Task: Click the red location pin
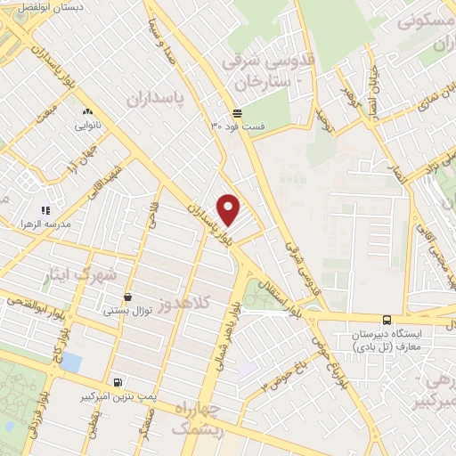tap(230, 209)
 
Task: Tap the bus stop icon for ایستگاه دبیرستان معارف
tap(387, 320)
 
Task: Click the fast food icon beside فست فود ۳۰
tap(237, 113)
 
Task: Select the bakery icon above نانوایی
tap(87, 112)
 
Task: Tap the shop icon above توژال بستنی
tap(129, 297)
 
